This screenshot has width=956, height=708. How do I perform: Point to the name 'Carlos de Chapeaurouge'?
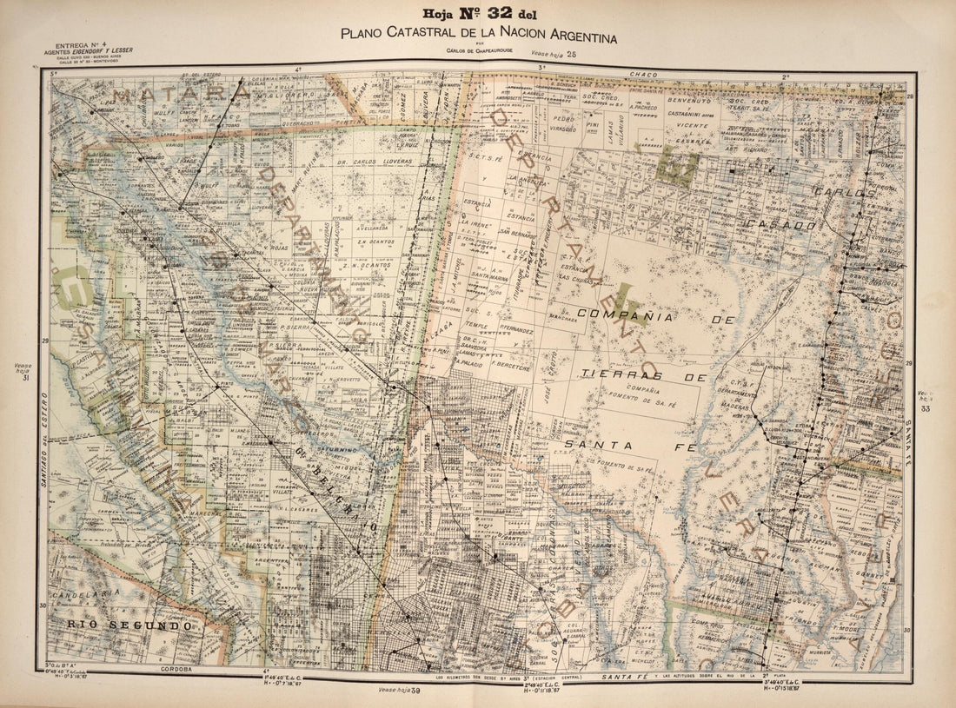(478, 52)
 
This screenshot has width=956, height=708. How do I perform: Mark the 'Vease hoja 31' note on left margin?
(23, 372)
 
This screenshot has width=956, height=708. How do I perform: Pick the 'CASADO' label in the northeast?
(786, 224)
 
